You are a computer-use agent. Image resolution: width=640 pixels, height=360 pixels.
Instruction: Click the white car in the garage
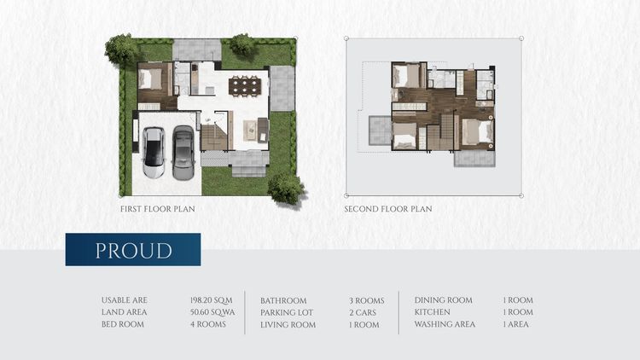[x=154, y=153]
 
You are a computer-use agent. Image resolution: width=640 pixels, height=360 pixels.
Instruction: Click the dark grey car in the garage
[x=183, y=153]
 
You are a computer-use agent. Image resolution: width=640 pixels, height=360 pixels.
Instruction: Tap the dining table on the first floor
[x=245, y=86]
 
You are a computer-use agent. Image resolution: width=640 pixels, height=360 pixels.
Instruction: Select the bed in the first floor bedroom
[x=150, y=79]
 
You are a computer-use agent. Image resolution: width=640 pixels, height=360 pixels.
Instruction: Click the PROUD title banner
[x=133, y=250]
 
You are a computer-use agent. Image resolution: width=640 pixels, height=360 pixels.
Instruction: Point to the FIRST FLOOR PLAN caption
[x=158, y=209]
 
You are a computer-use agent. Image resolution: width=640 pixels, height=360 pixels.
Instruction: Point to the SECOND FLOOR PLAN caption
[x=388, y=209]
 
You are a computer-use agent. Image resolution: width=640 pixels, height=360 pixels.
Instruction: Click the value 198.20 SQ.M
[x=211, y=300]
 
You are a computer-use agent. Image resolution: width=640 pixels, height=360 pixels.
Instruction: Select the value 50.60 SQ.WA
[x=212, y=312]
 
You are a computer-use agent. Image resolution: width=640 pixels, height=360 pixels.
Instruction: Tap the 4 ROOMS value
[x=207, y=324]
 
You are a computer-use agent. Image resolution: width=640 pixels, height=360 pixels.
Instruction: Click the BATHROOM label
[x=283, y=301]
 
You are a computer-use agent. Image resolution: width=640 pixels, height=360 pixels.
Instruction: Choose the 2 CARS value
[x=363, y=312]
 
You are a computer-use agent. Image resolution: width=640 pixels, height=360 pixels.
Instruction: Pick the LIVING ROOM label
[x=288, y=325]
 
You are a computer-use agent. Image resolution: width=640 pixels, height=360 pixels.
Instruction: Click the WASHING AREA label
[x=445, y=324]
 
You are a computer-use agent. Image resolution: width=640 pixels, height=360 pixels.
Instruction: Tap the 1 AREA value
[x=515, y=324]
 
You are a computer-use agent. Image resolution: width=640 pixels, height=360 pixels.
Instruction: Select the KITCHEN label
[x=432, y=312]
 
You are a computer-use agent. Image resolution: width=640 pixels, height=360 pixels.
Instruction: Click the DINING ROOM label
[x=443, y=300]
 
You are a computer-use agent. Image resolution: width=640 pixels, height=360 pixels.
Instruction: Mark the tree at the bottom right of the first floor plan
[x=287, y=189]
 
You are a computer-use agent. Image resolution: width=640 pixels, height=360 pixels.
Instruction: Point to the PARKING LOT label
[x=287, y=312]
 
